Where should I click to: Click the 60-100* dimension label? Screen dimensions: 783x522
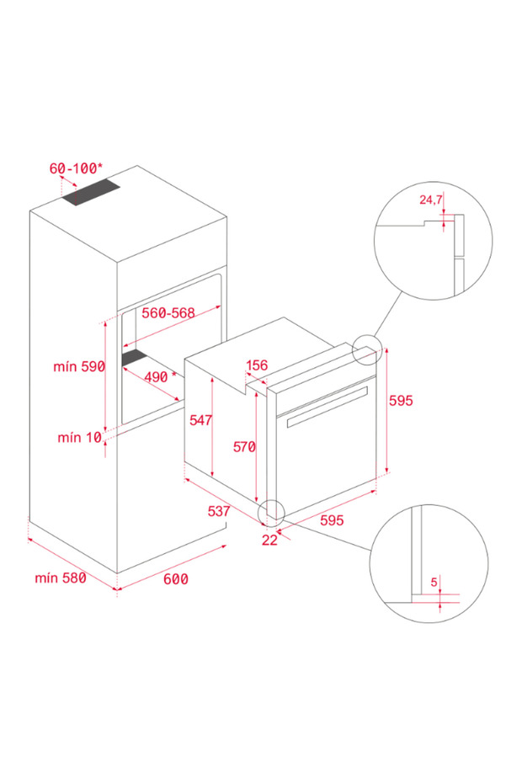75,168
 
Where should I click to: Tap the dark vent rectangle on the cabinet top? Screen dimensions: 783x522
91,194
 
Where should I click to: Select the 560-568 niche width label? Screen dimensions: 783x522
168,313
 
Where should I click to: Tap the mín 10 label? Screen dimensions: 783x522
79,437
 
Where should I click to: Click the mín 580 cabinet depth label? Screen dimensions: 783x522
61,578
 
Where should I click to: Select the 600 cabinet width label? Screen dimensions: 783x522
175,579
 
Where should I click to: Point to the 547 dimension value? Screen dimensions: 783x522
200,420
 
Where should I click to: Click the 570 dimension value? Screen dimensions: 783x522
244,447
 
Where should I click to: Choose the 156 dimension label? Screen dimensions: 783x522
256,365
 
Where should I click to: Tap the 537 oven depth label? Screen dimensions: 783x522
220,511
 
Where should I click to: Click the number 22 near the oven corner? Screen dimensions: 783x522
269,541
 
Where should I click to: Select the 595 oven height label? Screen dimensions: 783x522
401,402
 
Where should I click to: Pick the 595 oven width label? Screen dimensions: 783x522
332,520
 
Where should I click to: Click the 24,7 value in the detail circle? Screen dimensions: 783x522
430,200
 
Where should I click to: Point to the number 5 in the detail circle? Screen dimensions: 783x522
434,581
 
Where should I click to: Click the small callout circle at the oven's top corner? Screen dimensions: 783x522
367,349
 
